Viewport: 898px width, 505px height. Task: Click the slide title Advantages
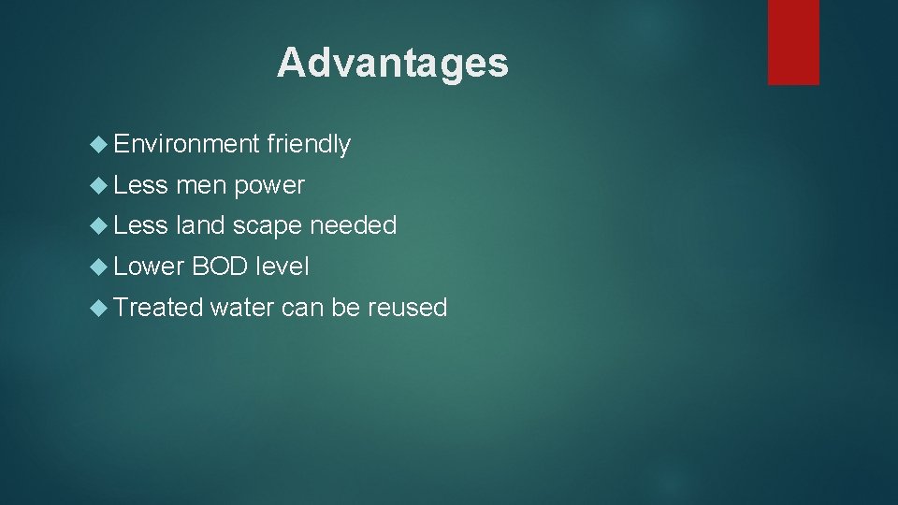coord(393,64)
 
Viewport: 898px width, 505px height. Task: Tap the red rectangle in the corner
coord(793,42)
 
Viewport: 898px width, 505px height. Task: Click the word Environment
coord(186,144)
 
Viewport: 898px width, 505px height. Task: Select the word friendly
coord(309,144)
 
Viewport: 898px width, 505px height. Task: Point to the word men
coord(201,185)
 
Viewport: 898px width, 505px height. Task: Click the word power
coord(269,185)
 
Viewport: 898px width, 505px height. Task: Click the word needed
coord(354,225)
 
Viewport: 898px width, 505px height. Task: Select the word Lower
coord(149,267)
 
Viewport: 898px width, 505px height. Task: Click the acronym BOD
coord(220,267)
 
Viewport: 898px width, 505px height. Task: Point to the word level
coord(282,267)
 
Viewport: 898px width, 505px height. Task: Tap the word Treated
coord(158,307)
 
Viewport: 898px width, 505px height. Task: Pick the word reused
coord(408,308)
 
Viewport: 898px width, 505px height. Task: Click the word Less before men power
coord(140,185)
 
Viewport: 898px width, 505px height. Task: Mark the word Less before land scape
coord(140,225)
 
